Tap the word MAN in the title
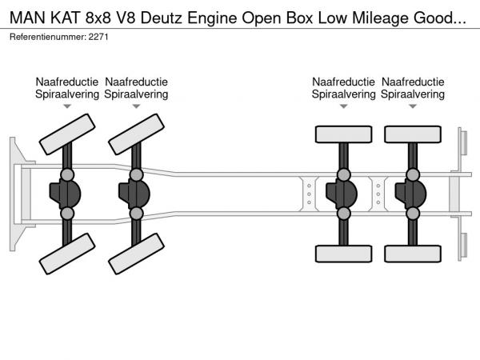[26, 14]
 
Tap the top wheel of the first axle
[66, 133]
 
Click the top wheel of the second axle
[136, 133]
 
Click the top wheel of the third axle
[344, 134]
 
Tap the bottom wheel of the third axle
[344, 254]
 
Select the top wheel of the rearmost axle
[413, 134]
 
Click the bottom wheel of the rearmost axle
[413, 254]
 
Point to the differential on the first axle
[69, 194]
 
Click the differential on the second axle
[138, 194]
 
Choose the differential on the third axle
[344, 194]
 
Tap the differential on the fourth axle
[413, 194]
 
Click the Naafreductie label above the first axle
[66, 82]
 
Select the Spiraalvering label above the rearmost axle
[413, 94]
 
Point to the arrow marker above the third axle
[344, 106]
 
